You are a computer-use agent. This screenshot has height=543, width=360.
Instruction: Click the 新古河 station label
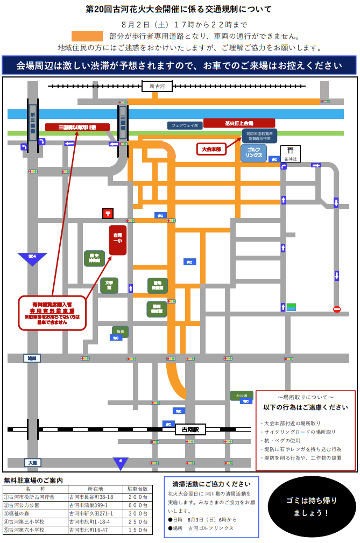(157, 86)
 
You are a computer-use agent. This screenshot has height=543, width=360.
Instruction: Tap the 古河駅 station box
(190, 429)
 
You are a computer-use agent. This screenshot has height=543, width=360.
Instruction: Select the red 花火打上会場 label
(239, 123)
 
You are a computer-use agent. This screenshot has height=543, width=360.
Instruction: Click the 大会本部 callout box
(211, 149)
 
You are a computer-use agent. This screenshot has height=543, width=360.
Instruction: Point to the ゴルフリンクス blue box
(253, 153)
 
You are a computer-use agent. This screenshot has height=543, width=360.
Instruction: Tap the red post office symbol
(108, 214)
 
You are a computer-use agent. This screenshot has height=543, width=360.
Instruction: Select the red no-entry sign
(337, 309)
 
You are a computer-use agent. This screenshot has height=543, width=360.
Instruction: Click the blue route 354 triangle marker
(32, 258)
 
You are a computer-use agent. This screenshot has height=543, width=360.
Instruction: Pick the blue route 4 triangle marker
(121, 462)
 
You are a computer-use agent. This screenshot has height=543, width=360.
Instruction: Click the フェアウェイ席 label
(185, 125)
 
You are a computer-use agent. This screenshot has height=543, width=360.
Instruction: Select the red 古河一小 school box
(117, 240)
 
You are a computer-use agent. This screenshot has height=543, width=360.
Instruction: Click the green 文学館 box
(109, 285)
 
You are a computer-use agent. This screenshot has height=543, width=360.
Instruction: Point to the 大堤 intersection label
(33, 462)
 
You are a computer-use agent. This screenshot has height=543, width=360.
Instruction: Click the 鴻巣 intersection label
(32, 358)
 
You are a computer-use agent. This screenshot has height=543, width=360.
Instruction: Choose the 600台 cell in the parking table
(137, 505)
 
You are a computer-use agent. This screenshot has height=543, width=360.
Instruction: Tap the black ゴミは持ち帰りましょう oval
(312, 506)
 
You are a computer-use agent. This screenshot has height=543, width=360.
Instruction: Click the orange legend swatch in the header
(87, 36)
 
